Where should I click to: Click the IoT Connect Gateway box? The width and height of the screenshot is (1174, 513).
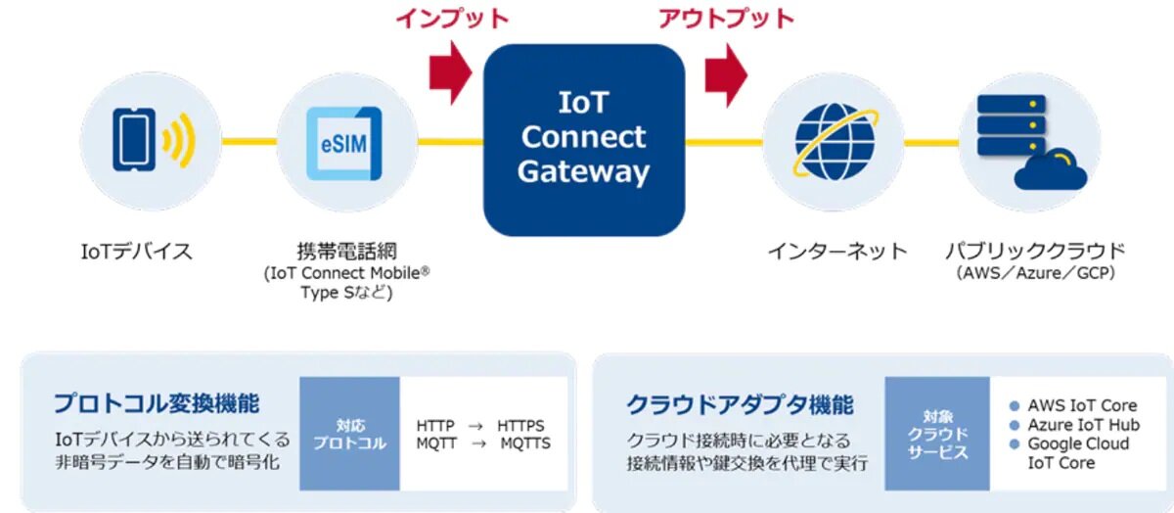click(584, 139)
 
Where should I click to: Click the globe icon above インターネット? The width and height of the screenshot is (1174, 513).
click(833, 142)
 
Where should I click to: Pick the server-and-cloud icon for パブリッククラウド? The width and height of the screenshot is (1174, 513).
click(1027, 142)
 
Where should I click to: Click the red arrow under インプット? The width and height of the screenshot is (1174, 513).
click(451, 73)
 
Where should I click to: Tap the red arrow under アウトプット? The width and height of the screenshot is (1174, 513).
click(727, 73)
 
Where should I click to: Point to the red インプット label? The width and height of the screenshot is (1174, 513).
click(452, 19)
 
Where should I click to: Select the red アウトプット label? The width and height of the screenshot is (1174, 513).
click(726, 19)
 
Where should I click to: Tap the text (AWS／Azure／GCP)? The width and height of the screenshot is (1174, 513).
click(1035, 274)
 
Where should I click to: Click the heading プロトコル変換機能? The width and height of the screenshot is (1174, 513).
click(157, 403)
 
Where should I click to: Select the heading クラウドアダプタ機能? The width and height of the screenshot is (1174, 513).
click(740, 403)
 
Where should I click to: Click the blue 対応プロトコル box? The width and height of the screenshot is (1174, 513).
click(349, 435)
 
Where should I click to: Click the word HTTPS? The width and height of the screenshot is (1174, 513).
click(520, 427)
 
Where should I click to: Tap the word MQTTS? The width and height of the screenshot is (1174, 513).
click(525, 444)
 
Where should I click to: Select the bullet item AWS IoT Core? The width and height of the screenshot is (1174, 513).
click(1081, 405)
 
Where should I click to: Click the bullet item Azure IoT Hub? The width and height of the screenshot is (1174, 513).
click(1083, 425)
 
